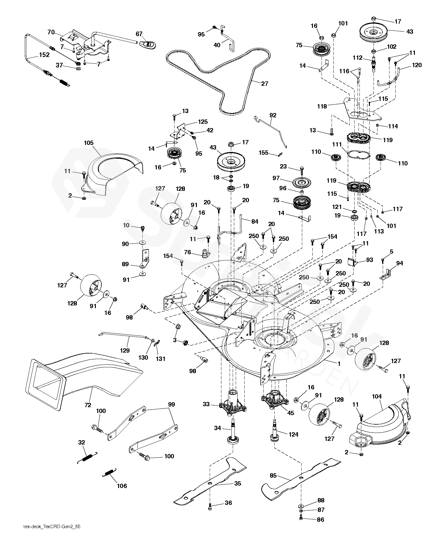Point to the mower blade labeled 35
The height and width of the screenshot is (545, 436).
coord(211,484)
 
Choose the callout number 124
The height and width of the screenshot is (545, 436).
coord(293,434)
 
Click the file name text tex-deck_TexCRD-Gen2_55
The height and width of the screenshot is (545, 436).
coord(52,535)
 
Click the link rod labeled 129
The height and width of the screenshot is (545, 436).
coord(126,336)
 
